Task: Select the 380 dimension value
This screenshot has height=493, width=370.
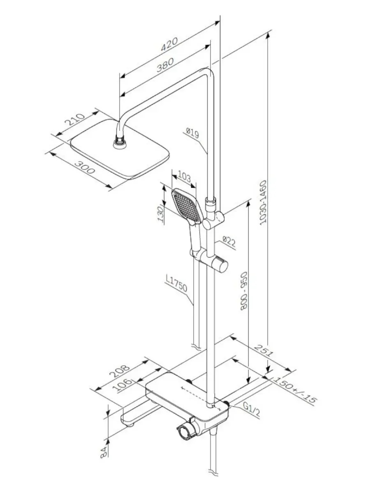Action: (x=165, y=65)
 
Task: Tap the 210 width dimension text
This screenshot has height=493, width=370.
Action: (x=74, y=119)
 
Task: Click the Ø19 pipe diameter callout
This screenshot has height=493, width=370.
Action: (x=192, y=133)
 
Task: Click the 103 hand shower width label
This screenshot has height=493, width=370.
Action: (x=184, y=177)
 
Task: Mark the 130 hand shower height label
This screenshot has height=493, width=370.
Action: (x=160, y=214)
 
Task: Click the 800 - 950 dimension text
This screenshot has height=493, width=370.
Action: (x=243, y=291)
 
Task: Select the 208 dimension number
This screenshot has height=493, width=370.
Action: (x=120, y=371)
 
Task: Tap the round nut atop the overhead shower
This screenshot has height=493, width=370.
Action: (x=120, y=143)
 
